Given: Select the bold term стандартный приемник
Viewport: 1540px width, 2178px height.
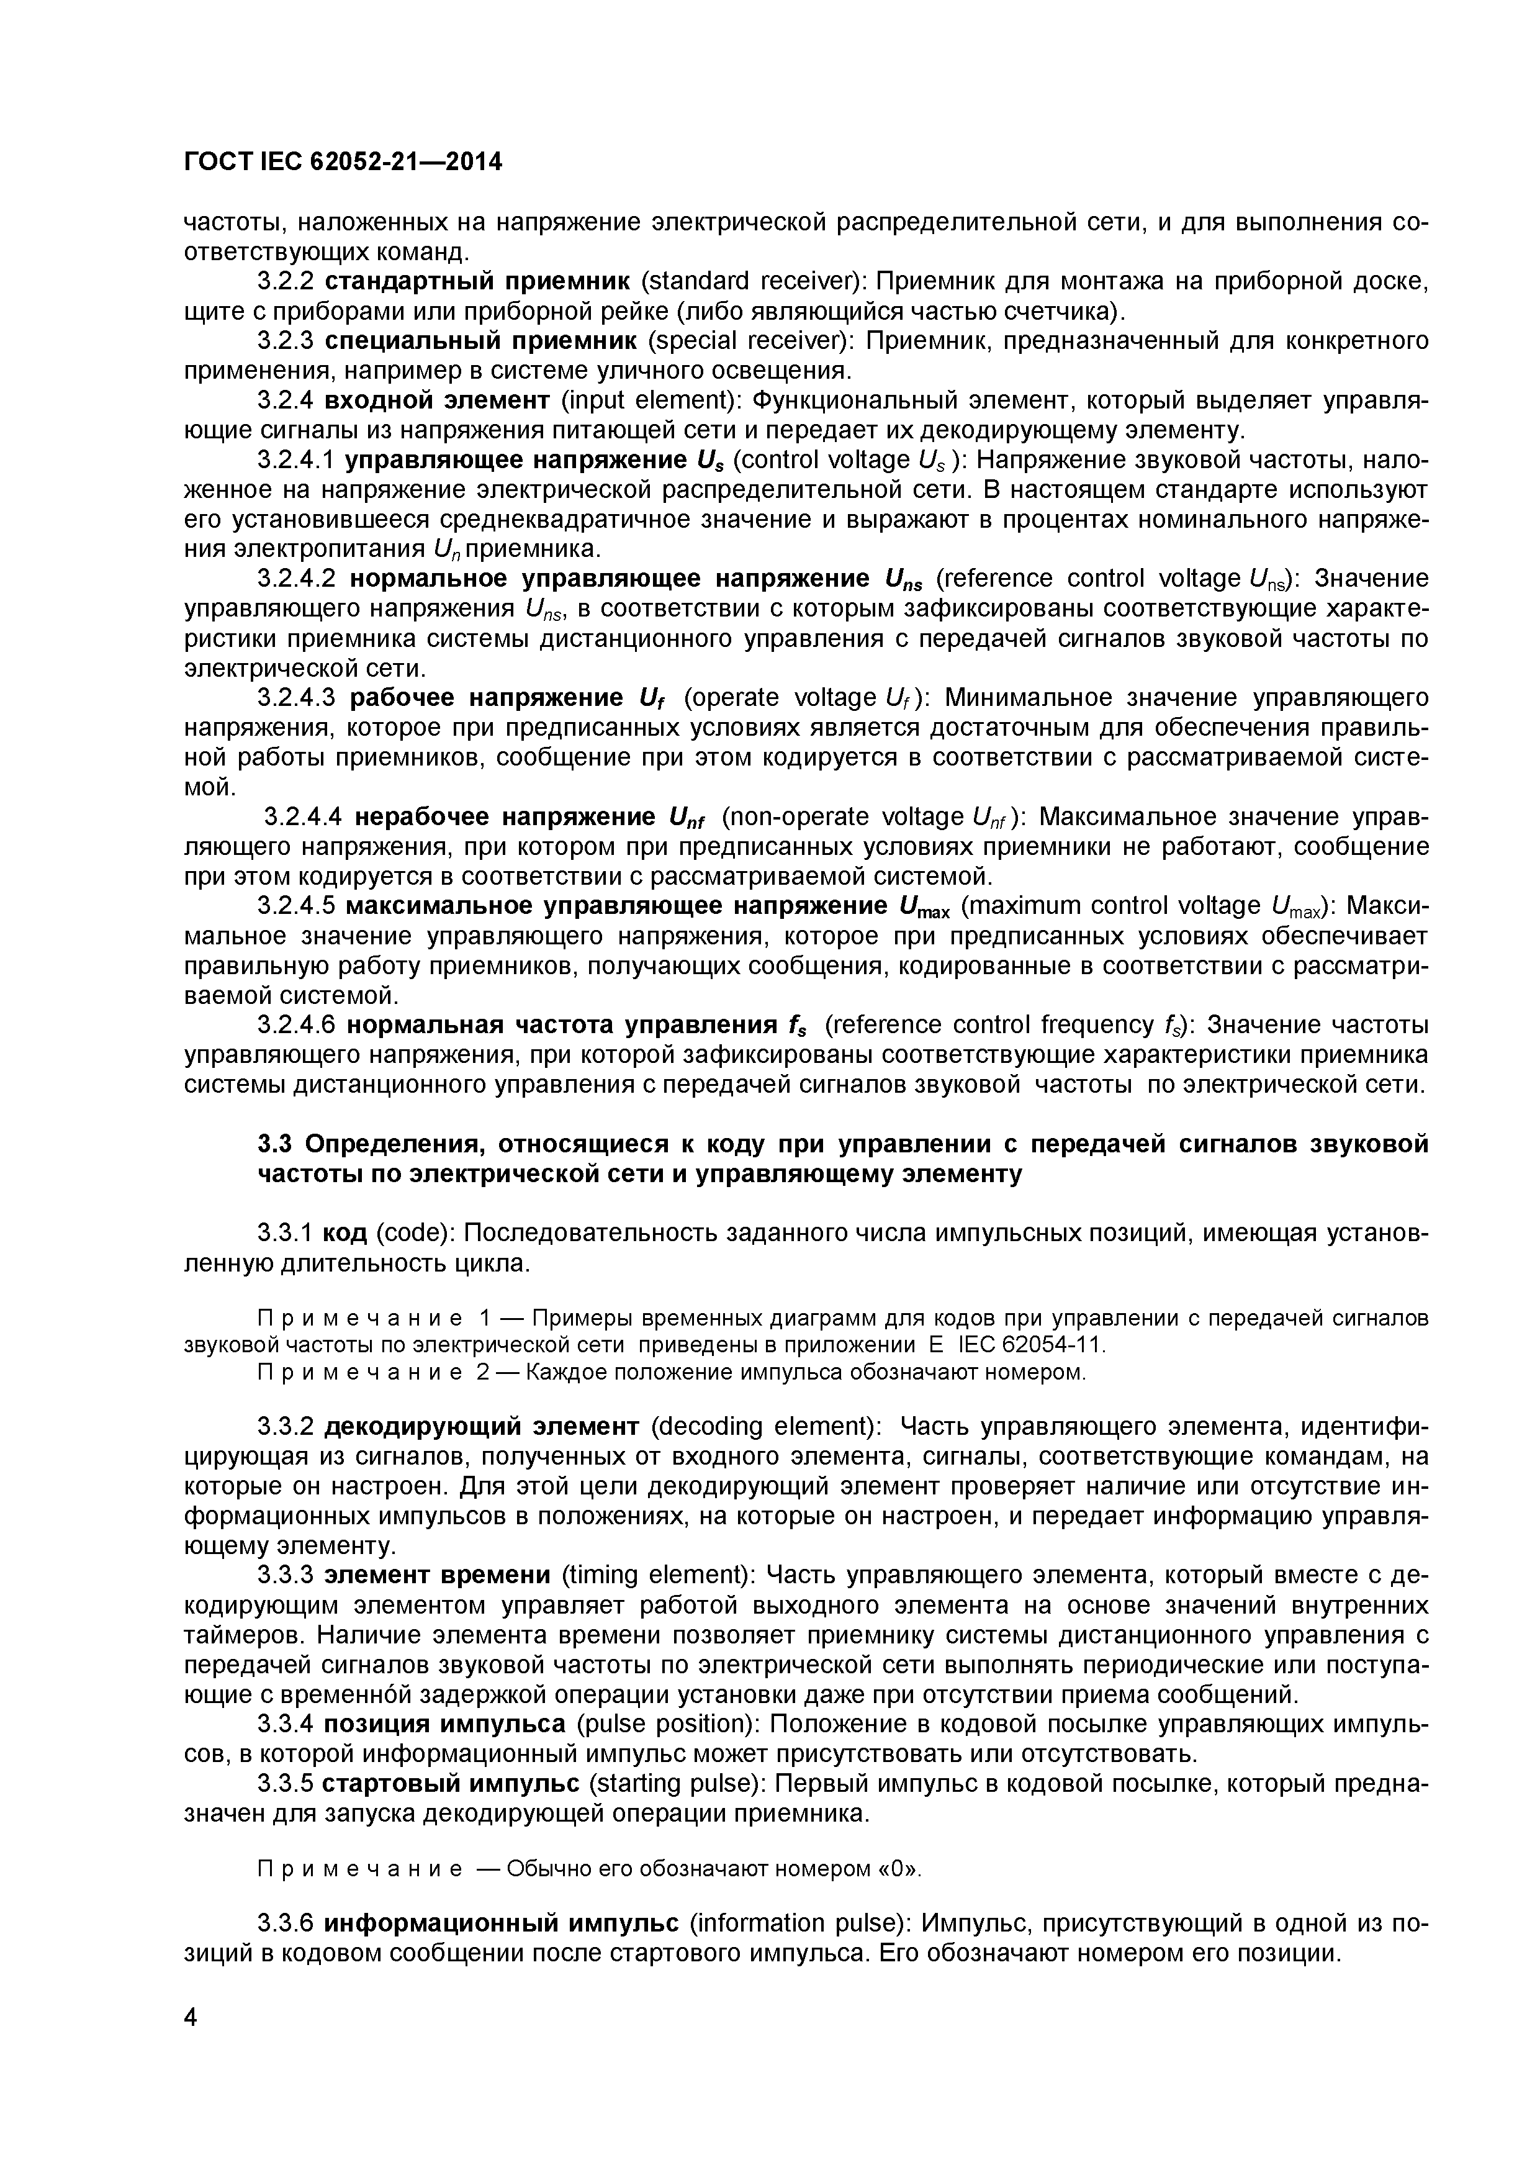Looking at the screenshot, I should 477,282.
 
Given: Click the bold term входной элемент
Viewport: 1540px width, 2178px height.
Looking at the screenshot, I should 437,400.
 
